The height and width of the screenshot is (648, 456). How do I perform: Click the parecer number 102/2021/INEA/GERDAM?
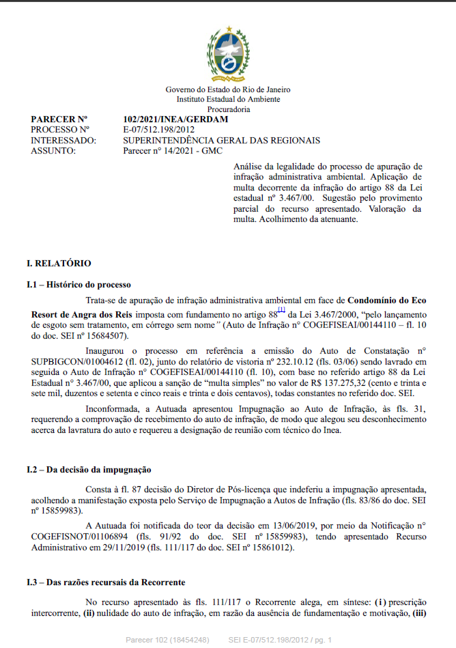(175, 119)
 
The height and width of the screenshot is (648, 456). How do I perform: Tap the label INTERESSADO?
(63, 141)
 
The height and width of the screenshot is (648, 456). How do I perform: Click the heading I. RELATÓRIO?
(59, 264)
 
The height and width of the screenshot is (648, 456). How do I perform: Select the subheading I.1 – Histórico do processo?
(79, 284)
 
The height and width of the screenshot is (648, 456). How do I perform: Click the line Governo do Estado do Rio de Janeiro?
(228, 90)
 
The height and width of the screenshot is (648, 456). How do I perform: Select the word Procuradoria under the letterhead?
(228, 109)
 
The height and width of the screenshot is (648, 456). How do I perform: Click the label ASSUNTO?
(53, 151)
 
